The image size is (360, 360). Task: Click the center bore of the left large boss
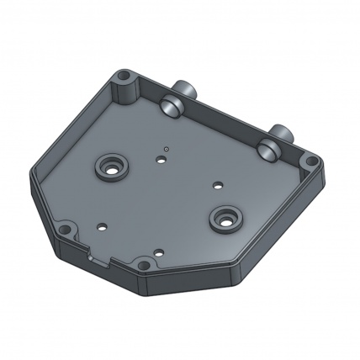[x=110, y=166]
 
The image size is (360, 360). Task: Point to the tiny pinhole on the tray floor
[x=167, y=148]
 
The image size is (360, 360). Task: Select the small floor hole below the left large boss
[x=102, y=225]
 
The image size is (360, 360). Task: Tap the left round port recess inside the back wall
[x=172, y=105]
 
